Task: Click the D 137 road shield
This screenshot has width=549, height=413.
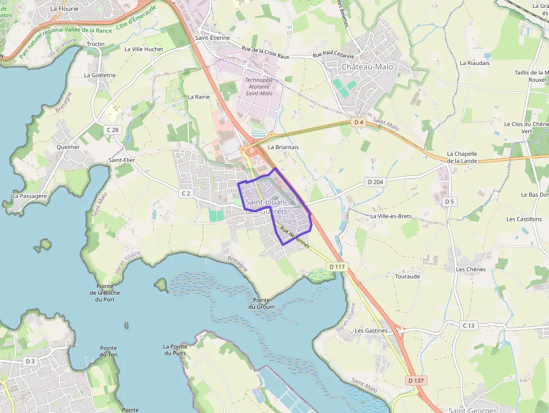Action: [416, 380]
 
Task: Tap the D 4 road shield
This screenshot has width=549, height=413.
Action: [359, 122]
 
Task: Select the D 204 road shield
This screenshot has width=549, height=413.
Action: [375, 182]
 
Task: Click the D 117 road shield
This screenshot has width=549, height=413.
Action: [337, 267]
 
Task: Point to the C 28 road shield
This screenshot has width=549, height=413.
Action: [113, 130]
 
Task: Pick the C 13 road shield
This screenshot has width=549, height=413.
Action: [469, 326]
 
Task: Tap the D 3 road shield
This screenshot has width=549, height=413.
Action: [30, 361]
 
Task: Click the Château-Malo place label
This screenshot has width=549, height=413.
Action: [367, 67]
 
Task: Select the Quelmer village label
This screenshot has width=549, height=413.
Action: [68, 147]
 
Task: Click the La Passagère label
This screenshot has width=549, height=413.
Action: [30, 196]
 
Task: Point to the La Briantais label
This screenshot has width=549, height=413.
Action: [283, 147]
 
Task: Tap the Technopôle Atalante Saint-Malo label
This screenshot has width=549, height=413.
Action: [259, 86]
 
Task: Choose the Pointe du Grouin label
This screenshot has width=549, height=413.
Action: [261, 303]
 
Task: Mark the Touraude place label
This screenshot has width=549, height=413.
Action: [407, 276]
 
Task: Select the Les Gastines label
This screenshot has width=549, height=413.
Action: [371, 331]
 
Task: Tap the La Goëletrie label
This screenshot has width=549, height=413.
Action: [100, 75]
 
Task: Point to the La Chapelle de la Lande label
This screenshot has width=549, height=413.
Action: [462, 157]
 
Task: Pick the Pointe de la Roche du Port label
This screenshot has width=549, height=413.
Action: [105, 293]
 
